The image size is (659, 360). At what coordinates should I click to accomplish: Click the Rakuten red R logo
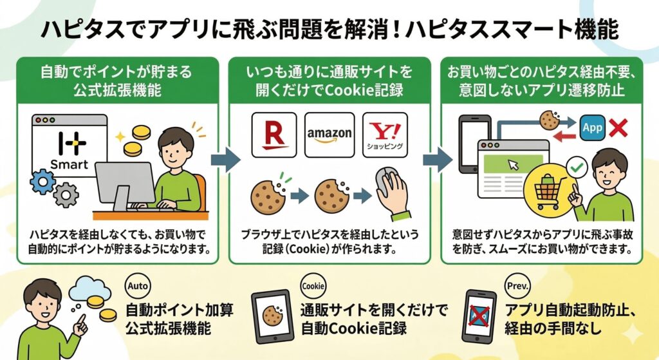[274, 135]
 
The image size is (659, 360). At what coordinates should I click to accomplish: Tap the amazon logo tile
[329, 135]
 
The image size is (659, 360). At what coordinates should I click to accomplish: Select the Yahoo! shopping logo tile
[385, 135]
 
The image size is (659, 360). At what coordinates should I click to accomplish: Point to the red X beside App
[618, 128]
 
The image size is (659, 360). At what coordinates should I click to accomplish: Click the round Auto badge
[135, 286]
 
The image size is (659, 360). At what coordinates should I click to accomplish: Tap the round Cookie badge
[313, 286]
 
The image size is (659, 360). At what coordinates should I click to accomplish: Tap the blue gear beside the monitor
[42, 182]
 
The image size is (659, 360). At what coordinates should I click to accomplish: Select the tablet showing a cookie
[272, 317]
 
